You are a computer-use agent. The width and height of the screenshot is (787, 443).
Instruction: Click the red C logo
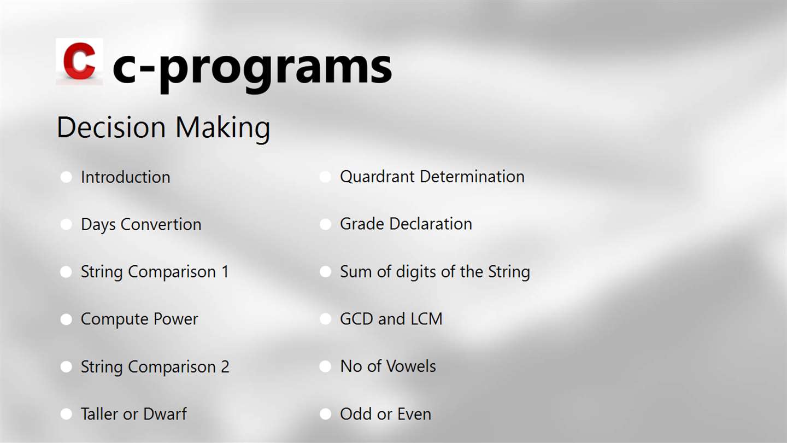79,61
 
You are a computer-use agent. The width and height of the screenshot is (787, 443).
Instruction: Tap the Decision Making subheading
163,128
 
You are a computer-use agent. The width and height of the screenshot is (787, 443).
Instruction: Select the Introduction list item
126,177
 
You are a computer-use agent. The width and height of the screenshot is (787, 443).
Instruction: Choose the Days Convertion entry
141,225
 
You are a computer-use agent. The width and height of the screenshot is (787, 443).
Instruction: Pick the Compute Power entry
139,319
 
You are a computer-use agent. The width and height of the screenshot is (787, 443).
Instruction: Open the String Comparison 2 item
155,367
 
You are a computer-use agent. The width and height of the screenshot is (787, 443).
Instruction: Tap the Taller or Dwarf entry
134,414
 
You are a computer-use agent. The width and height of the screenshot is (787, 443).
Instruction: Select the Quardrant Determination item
432,177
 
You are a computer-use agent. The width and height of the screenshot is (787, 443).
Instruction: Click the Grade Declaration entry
406,224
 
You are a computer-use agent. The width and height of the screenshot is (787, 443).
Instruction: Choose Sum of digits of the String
435,272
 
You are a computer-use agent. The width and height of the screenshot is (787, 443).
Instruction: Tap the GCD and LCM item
391,319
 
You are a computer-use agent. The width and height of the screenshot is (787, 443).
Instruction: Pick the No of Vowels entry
388,366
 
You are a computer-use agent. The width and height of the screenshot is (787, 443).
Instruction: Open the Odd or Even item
385,414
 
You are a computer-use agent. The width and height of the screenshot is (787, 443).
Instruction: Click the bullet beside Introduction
66,177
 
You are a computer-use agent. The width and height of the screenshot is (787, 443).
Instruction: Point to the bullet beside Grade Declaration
325,224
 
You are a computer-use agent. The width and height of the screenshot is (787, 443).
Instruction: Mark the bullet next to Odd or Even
325,414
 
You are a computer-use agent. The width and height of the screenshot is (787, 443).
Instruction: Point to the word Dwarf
165,414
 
